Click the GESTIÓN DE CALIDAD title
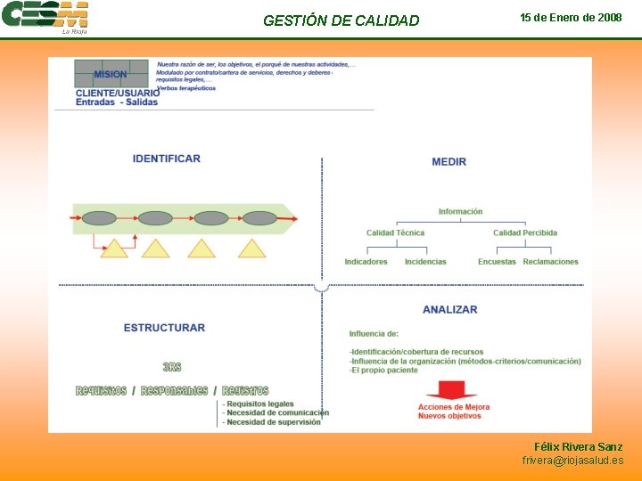click(341, 20)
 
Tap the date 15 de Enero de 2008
click(571, 18)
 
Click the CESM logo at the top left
click(45, 17)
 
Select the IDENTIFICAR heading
click(167, 159)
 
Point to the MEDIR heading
click(449, 161)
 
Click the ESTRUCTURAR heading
click(164, 328)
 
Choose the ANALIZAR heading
click(449, 309)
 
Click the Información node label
click(460, 212)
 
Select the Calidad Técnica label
click(395, 233)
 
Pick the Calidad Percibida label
click(525, 233)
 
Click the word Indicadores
click(366, 262)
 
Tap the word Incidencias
click(425, 262)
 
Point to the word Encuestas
click(497, 262)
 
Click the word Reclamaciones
click(551, 262)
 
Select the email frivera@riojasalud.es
click(572, 461)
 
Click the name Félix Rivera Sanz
click(579, 446)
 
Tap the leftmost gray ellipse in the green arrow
click(100, 217)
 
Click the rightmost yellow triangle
click(252, 249)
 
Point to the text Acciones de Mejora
click(454, 408)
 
